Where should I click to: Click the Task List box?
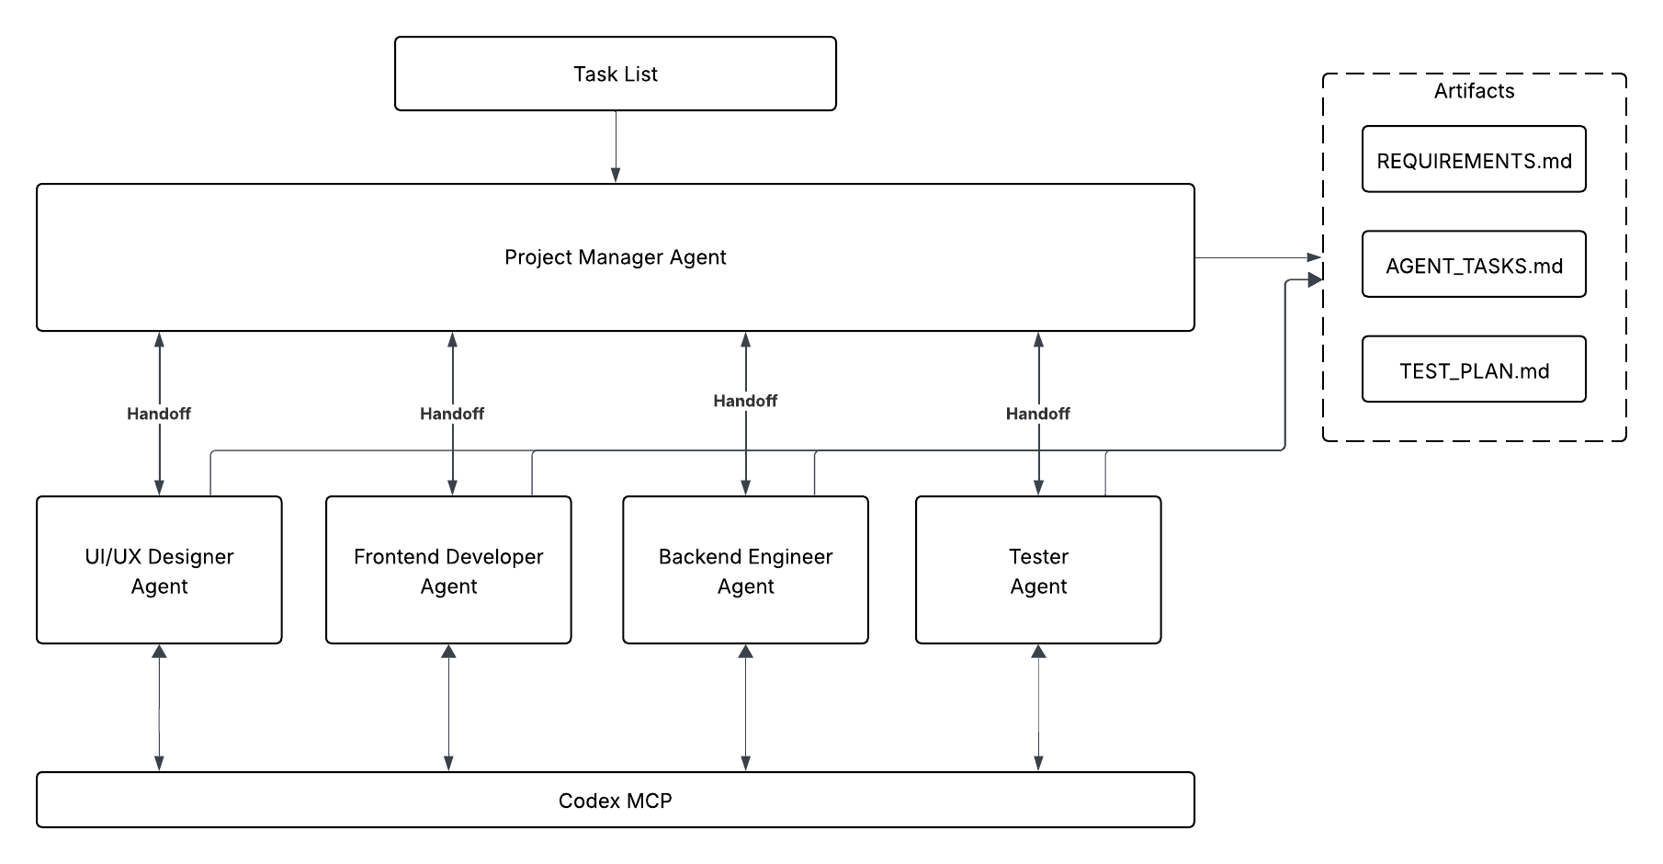pos(615,74)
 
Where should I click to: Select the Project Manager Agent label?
pos(615,257)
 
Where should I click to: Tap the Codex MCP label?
pos(615,801)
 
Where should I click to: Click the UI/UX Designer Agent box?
pos(159,570)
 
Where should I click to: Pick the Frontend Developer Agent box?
pos(448,570)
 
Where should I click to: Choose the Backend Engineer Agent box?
pos(745,570)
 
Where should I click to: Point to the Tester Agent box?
pos(1038,570)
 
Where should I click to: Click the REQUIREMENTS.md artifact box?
pos(1474,160)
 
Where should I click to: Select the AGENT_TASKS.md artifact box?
pos(1474,265)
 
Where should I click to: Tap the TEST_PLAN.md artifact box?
pos(1474,369)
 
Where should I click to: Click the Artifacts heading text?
pos(1474,91)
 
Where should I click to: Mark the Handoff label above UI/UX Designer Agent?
pos(159,414)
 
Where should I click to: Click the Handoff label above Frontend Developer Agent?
pos(452,414)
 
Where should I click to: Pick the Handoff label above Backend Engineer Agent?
pos(745,401)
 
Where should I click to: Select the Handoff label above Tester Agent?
pos(1038,414)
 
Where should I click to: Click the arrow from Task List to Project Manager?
pos(616,147)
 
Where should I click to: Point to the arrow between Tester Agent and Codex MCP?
pos(1038,708)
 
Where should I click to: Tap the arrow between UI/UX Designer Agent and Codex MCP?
pos(159,708)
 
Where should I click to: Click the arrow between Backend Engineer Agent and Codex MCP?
pos(745,708)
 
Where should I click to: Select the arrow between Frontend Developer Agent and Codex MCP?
pos(448,708)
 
